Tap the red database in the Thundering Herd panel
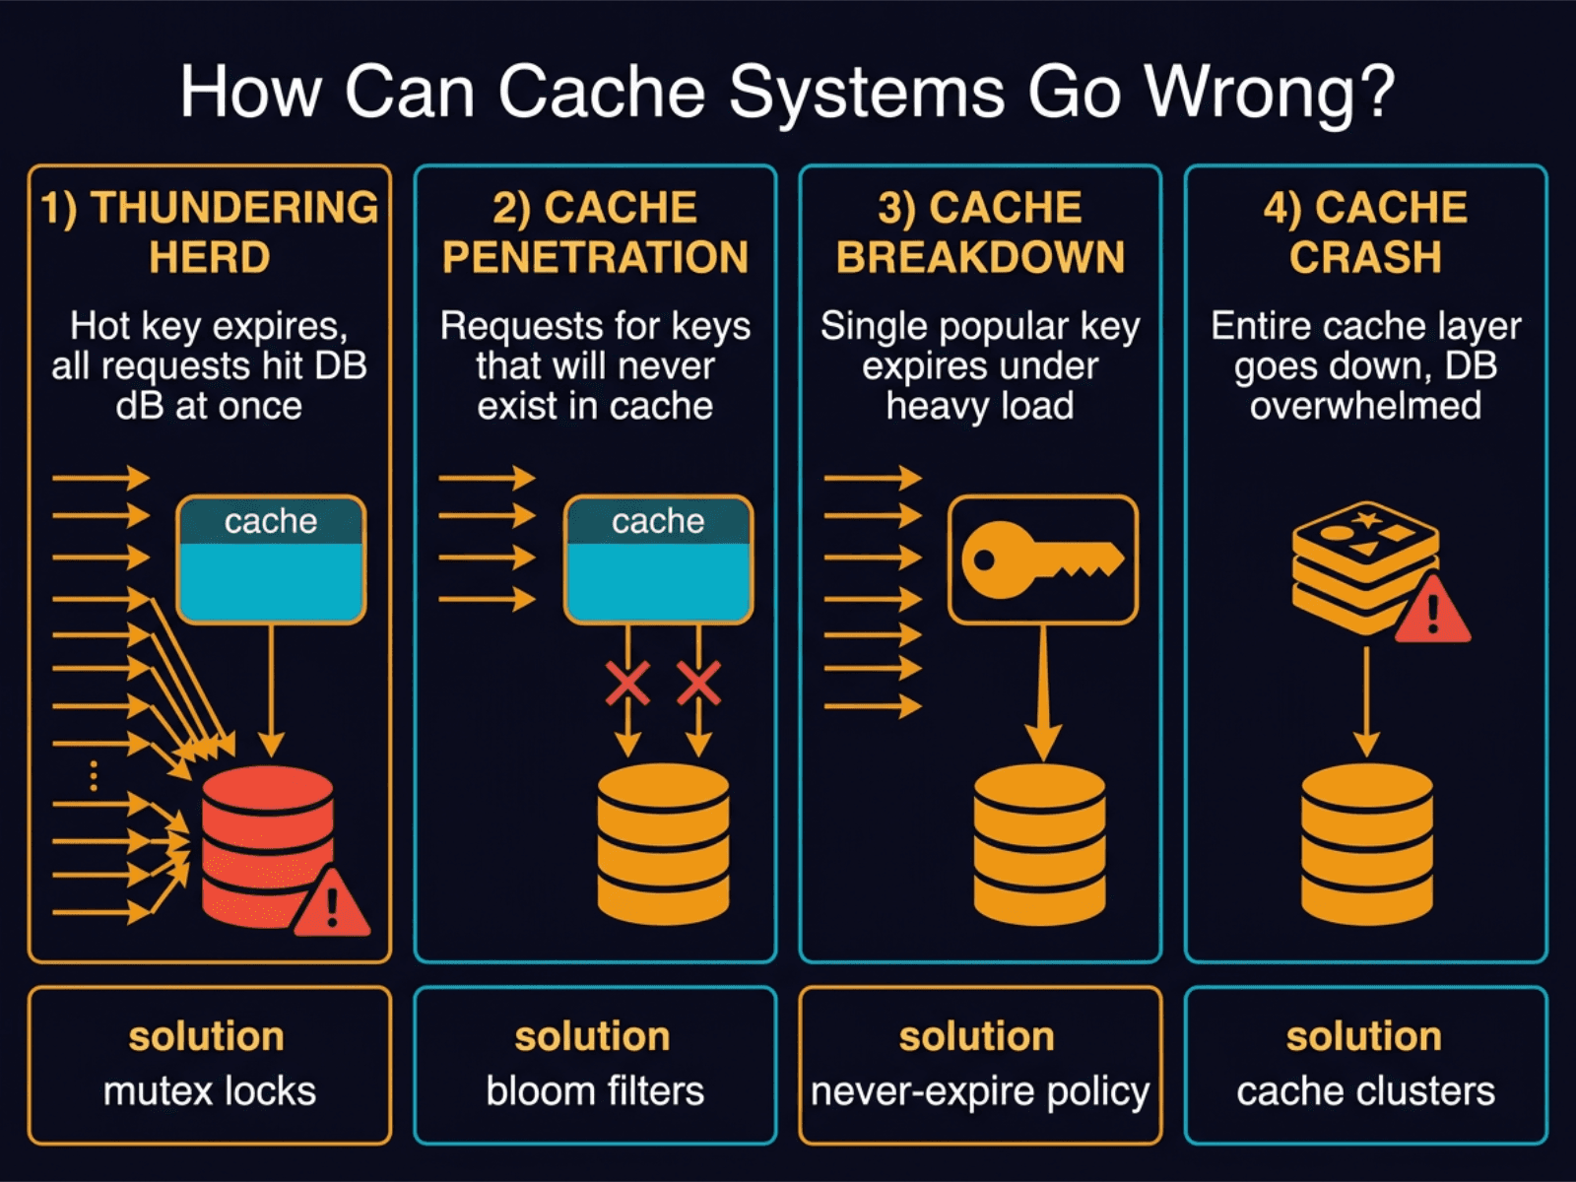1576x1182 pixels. pos(267,847)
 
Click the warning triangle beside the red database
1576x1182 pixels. pos(332,904)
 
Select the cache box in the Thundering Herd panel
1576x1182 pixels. pos(271,559)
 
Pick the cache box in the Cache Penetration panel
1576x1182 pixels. pos(658,559)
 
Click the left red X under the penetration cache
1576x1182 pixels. pos(627,684)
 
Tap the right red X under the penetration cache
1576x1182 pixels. pos(698,684)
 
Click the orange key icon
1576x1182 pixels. pos(1039,560)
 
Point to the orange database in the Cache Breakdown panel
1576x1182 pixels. pos(1039,844)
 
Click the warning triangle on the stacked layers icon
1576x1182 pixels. pos(1433,611)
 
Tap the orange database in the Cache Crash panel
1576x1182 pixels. pos(1366,844)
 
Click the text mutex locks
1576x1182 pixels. pos(210,1091)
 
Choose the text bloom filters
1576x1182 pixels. pos(595,1091)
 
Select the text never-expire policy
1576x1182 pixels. pos(980,1091)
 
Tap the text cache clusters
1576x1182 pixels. pos(1366,1091)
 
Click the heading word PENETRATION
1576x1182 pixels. pos(595,258)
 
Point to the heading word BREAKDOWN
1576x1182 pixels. pos(980,258)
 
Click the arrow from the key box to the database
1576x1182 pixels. pos(1043,689)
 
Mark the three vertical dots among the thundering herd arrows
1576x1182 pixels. pos(94,776)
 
